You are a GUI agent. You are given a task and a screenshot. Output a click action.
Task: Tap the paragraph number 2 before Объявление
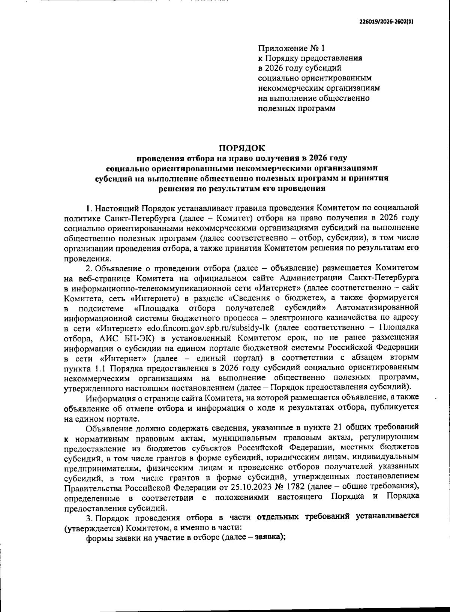point(88,268)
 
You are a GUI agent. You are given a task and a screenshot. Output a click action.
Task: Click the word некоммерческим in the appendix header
point(287,88)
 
